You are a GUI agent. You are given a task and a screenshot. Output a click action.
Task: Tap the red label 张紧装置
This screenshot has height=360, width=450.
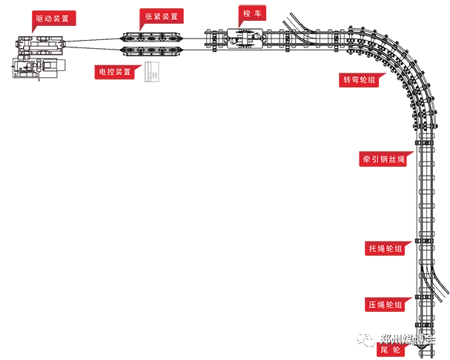pyautogui.click(x=161, y=16)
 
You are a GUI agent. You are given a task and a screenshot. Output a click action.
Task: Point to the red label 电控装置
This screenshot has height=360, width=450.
pyautogui.click(x=118, y=72)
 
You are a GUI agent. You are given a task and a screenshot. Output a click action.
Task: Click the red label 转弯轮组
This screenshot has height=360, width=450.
pyautogui.click(x=360, y=80)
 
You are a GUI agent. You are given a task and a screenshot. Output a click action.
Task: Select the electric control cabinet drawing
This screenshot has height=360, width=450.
pyautogui.click(x=152, y=71)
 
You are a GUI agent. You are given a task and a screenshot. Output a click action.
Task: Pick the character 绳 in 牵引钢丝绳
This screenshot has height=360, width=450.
pyautogui.click(x=400, y=159)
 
